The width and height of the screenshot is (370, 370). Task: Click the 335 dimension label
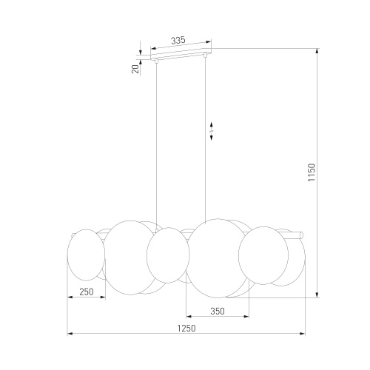pos(178,40)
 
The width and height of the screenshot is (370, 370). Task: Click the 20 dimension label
pos(135,69)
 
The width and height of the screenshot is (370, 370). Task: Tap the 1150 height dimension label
pos(312,172)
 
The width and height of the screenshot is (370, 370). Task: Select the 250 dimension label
pos(87,292)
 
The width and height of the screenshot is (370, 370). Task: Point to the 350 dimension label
pos(218,312)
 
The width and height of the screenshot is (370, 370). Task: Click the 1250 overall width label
pos(186,329)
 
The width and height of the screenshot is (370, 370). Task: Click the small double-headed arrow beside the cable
pos(212,131)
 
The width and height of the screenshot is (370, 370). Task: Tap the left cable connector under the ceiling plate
pos(156,61)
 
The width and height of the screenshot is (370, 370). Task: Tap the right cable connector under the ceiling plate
pos(205,55)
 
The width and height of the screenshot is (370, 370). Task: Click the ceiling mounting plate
pos(181,54)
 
